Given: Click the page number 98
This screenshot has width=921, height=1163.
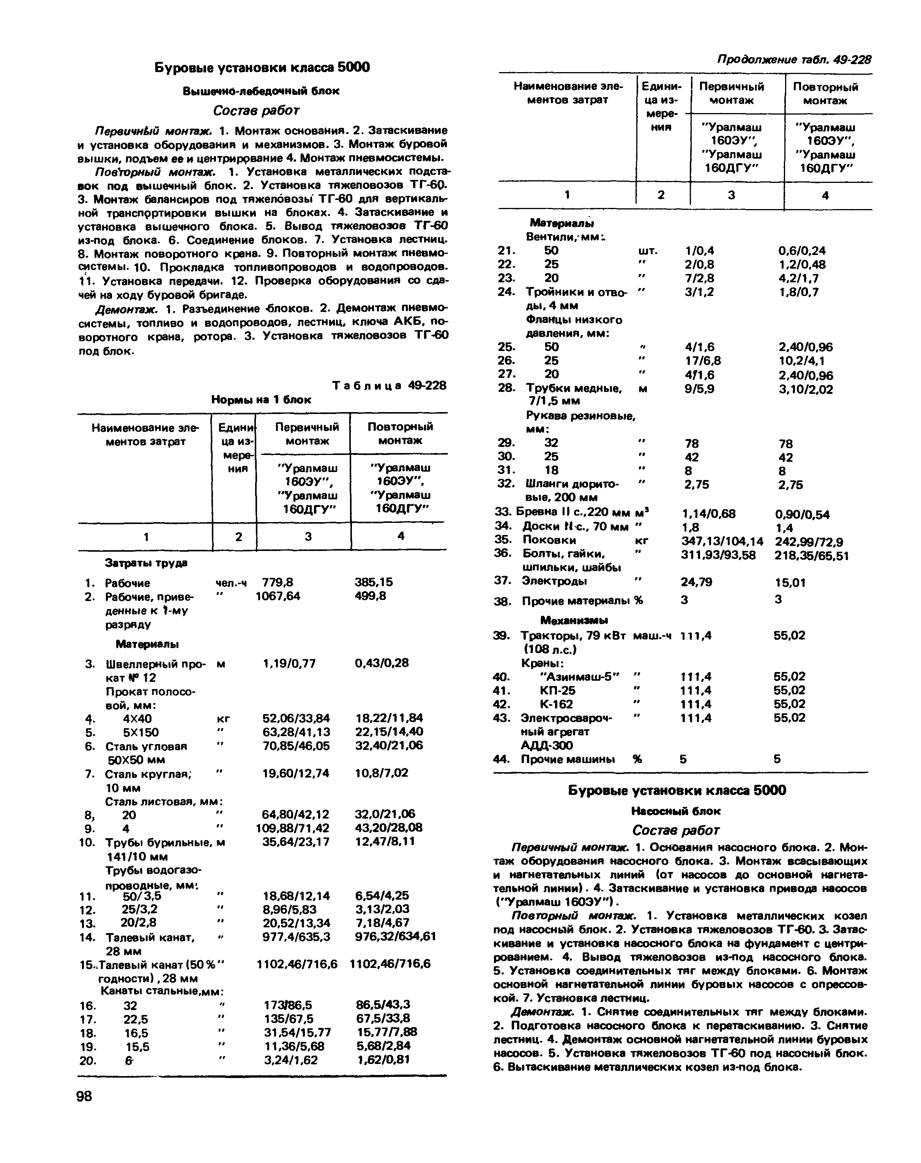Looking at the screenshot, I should click(x=85, y=1096).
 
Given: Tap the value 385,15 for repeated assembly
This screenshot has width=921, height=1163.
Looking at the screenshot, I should click(x=374, y=582).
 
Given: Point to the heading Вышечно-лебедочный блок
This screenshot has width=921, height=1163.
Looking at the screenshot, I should click(x=262, y=91).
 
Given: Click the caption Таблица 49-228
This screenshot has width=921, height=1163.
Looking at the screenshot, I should click(x=390, y=386).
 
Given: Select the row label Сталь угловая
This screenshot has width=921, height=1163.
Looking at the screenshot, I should click(x=146, y=746).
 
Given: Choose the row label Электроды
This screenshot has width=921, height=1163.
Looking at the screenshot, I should click(x=554, y=581).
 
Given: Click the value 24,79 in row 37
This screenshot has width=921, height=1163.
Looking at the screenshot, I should click(x=697, y=582).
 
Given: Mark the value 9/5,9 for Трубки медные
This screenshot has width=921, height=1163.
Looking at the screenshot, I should click(x=699, y=389).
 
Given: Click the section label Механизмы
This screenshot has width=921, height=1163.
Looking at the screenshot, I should click(x=574, y=620).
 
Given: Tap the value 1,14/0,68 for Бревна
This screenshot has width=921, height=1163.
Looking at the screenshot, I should click(x=708, y=514).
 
